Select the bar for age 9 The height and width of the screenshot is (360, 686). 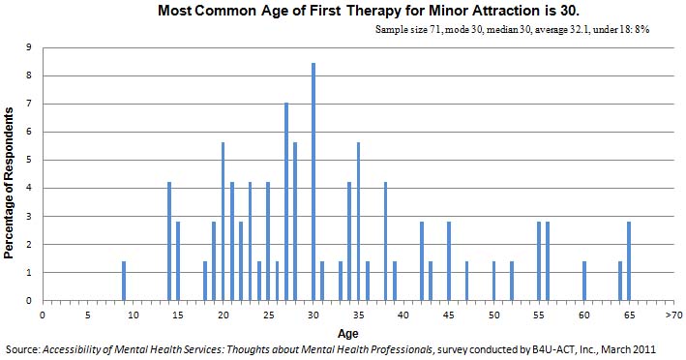(124, 281)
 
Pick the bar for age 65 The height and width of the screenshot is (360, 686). (629, 261)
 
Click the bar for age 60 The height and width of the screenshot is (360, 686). (584, 281)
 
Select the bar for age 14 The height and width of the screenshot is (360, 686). (169, 241)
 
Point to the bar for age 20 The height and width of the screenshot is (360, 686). (223, 222)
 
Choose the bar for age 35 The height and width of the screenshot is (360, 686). (358, 222)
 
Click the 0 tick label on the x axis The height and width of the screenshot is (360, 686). (43, 315)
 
